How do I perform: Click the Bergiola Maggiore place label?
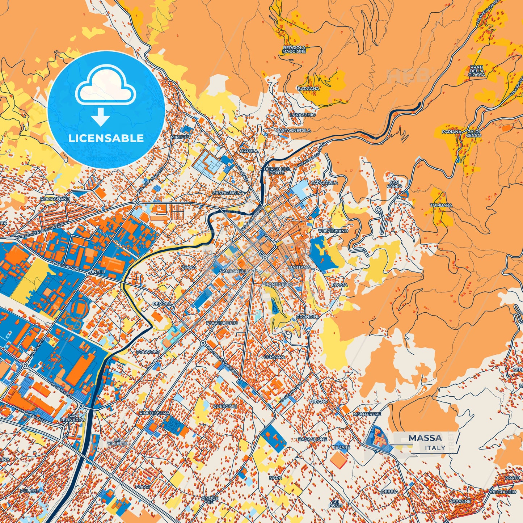tap(294, 50)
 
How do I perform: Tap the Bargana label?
tap(308, 88)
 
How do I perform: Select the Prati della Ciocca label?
tap(476, 71)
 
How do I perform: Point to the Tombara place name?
tap(441, 205)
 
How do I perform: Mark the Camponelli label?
tap(234, 271)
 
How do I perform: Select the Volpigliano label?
tap(333, 231)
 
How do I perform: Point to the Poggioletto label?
tap(222, 323)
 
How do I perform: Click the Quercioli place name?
tap(224, 406)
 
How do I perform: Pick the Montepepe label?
tap(367, 414)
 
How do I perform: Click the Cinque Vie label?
tap(210, 500)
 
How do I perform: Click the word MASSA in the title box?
tap(425, 438)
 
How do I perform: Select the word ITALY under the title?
tap(435, 448)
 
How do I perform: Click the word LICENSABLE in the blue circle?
tap(106, 138)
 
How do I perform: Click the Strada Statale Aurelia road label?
tap(40, 231)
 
